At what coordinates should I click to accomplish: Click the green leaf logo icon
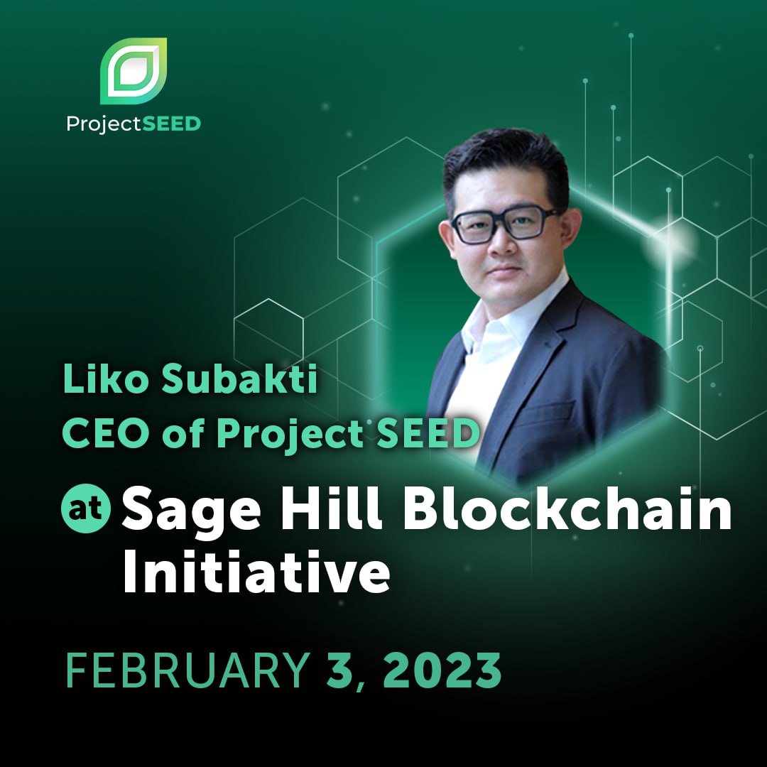133,70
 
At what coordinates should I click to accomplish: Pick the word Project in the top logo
96,124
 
